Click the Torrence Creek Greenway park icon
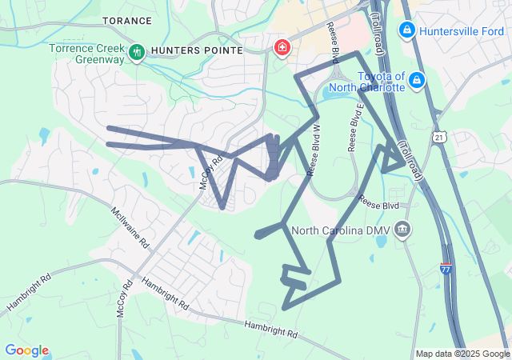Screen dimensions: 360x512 (136, 51)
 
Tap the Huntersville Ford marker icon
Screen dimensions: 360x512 (407, 30)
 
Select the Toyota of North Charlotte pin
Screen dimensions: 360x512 (415, 80)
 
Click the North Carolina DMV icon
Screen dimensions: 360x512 (402, 230)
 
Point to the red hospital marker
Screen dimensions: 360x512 (282, 48)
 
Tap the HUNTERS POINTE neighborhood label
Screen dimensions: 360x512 (196, 50)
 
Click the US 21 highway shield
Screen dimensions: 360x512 (438, 138)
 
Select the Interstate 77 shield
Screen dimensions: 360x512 (446, 271)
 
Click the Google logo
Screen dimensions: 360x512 (26, 350)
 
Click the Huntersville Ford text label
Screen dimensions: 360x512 (459, 30)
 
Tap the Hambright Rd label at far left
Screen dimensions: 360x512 (29, 295)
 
